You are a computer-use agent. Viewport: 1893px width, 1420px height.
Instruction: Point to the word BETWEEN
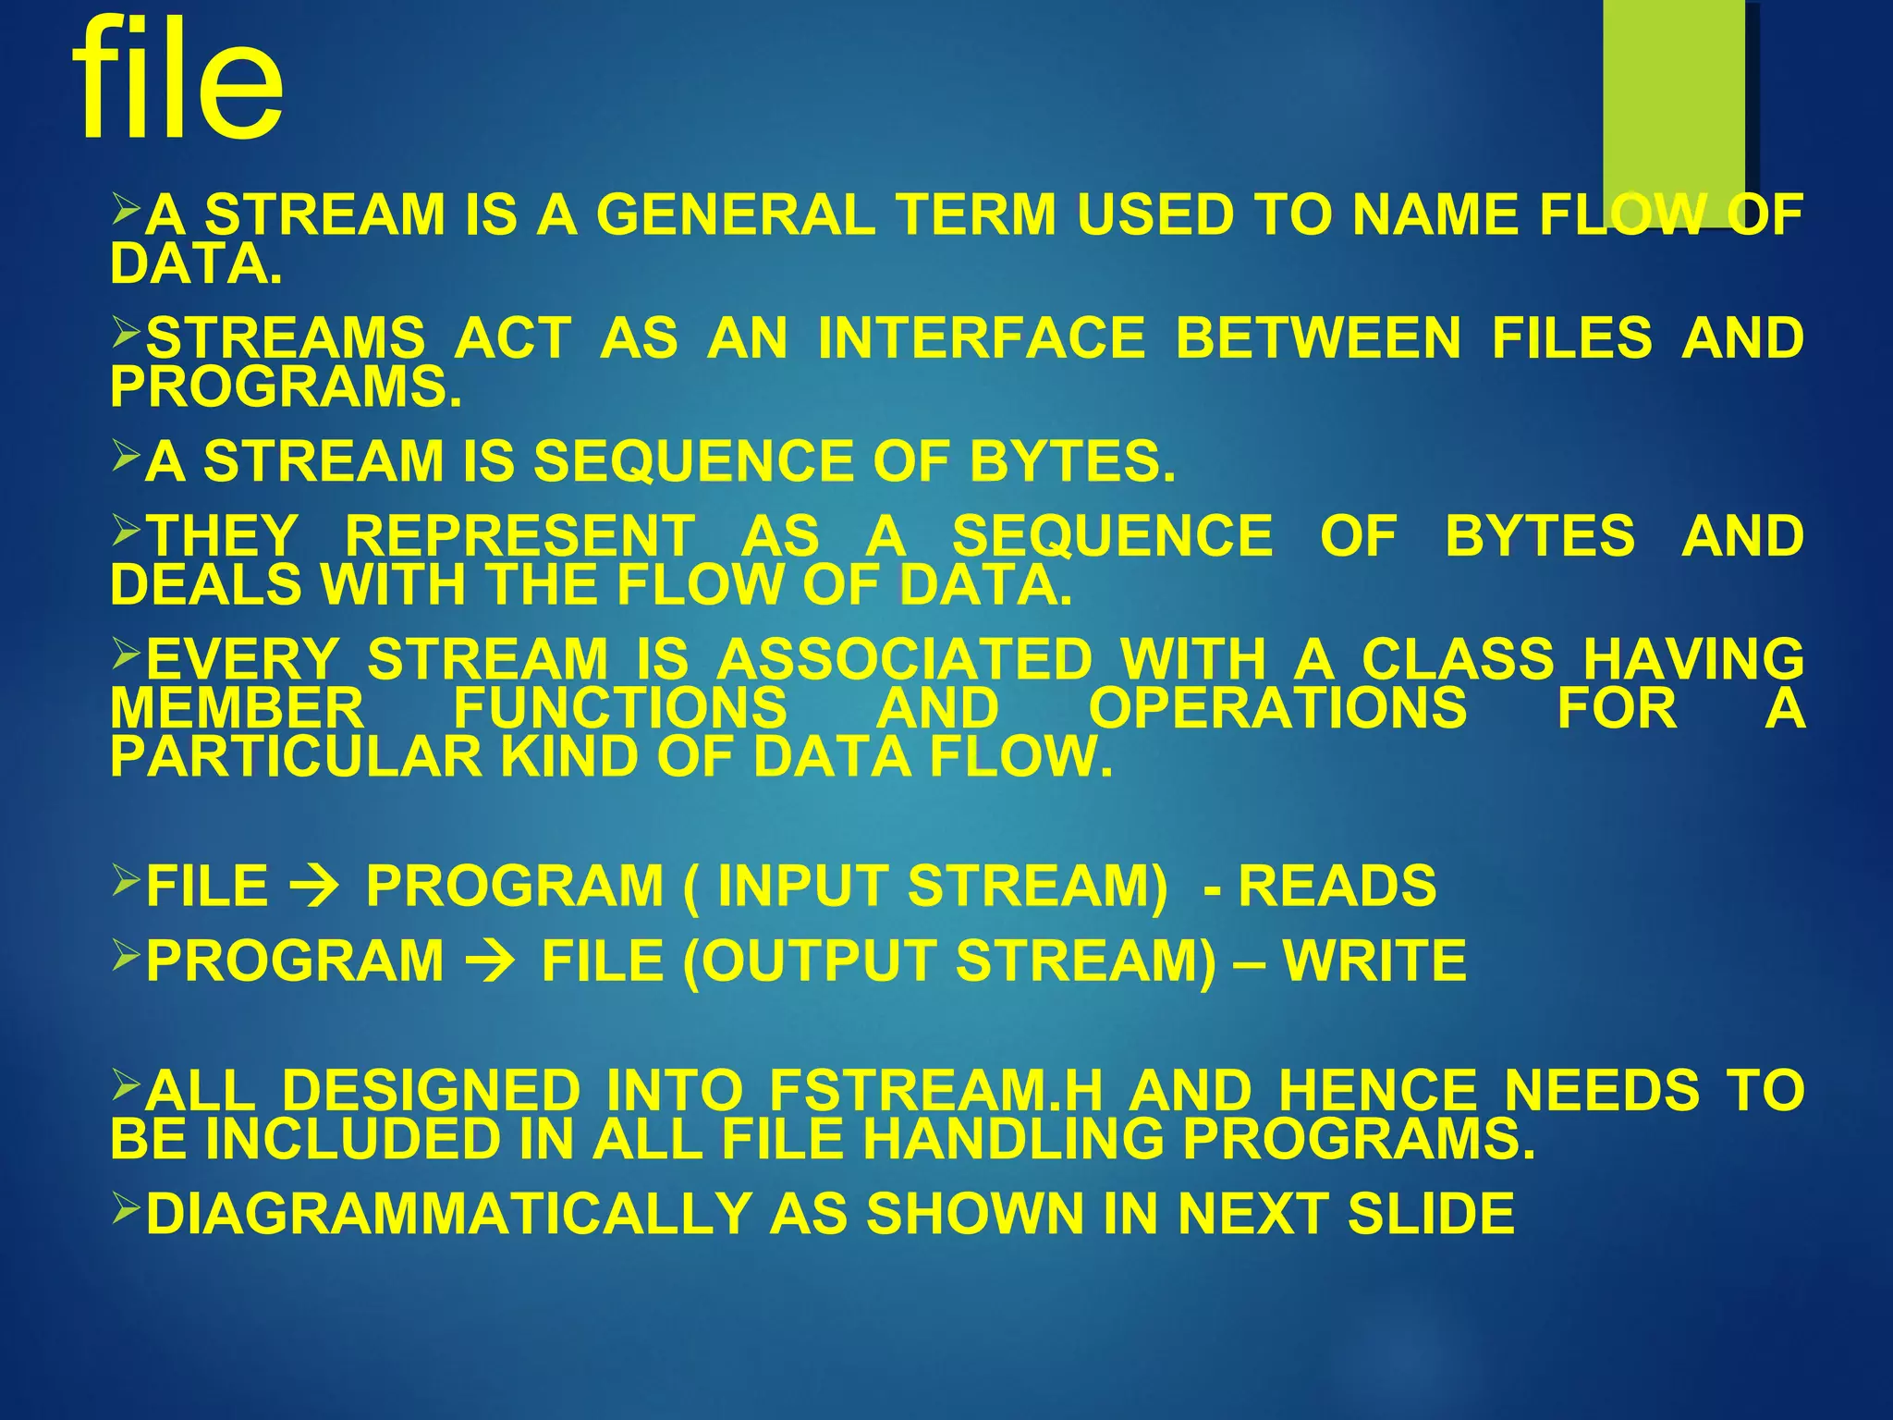pos(1318,338)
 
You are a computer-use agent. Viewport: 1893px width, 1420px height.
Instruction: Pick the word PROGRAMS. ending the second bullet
pos(286,386)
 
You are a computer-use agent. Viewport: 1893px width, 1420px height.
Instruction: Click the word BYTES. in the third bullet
pos(1072,461)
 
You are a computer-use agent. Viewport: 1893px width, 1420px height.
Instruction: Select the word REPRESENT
pos(519,537)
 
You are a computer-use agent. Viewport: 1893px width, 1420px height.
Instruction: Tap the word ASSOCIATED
pos(905,661)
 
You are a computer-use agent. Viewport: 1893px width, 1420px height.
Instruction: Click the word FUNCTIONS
pos(620,709)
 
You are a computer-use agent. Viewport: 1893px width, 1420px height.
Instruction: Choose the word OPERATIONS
pos(1277,709)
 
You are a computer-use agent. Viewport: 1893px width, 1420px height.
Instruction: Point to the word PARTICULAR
pos(296,758)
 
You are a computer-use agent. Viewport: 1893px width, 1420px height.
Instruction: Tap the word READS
pos(1337,887)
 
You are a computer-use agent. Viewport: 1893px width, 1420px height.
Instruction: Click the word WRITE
pos(1374,961)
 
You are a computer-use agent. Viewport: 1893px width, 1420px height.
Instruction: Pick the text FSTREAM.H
pos(935,1091)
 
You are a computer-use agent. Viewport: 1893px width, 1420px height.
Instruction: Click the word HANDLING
pos(1013,1139)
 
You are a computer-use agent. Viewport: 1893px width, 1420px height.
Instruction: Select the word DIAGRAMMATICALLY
pos(448,1214)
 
